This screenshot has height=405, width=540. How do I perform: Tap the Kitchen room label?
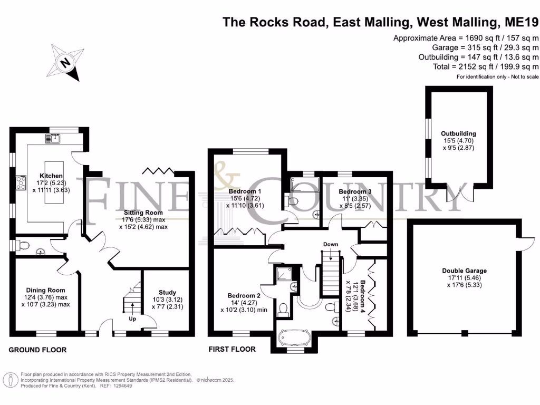(x=52, y=176)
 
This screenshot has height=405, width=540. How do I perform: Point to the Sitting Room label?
(x=142, y=211)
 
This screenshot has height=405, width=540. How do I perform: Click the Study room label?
(x=167, y=292)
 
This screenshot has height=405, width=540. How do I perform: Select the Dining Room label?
(x=45, y=290)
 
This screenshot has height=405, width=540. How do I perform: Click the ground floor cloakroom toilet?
(x=23, y=245)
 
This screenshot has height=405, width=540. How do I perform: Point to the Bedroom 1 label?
(x=245, y=191)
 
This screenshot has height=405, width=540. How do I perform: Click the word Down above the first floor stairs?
(x=331, y=244)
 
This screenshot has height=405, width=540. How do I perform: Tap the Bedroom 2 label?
(x=244, y=295)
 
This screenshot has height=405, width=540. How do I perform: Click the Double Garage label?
(x=464, y=271)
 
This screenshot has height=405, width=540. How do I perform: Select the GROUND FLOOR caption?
(x=37, y=350)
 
